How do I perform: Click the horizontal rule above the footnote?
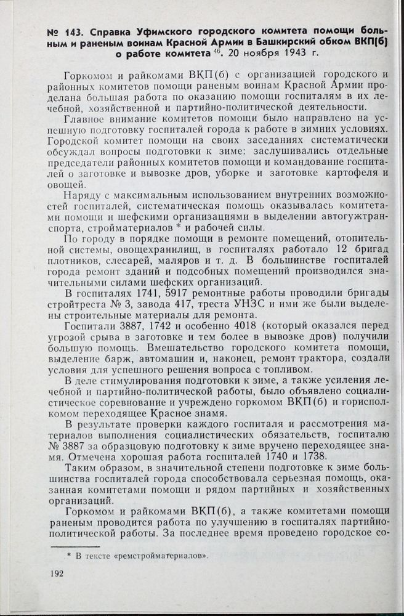(x=75, y=546)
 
